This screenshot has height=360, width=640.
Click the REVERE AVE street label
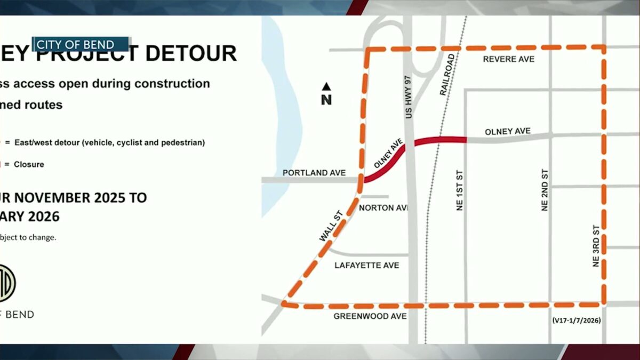(x=508, y=59)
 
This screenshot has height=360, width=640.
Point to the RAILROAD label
(x=448, y=75)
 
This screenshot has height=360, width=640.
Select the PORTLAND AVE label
(x=314, y=173)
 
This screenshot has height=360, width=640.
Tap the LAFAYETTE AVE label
(x=366, y=265)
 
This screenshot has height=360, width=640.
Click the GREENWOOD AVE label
(x=370, y=316)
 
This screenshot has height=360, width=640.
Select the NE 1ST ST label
(x=460, y=190)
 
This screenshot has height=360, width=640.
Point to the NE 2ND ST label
(x=545, y=190)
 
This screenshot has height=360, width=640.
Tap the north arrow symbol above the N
(x=326, y=86)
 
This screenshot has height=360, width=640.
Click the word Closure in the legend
(x=29, y=164)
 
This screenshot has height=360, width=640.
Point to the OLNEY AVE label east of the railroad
(x=507, y=131)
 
